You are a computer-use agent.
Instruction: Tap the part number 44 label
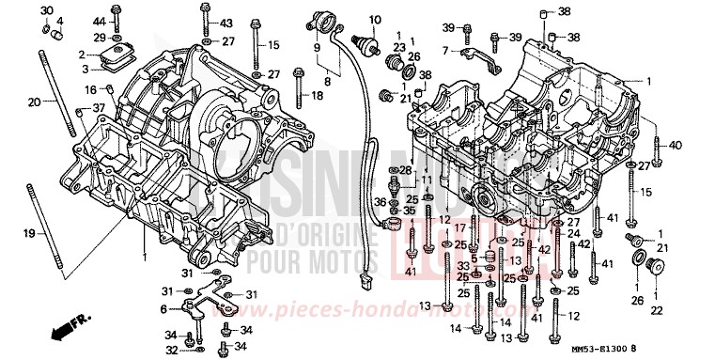click(x=99, y=21)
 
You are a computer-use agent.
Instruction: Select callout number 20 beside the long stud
click(x=34, y=102)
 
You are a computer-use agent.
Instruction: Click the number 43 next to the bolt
click(x=225, y=23)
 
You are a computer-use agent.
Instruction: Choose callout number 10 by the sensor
click(x=349, y=21)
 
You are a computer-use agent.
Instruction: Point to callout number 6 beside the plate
click(x=163, y=308)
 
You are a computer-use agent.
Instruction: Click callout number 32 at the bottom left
click(x=171, y=351)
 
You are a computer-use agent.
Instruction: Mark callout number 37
click(x=96, y=110)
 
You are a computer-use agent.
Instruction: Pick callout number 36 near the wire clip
click(x=379, y=201)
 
